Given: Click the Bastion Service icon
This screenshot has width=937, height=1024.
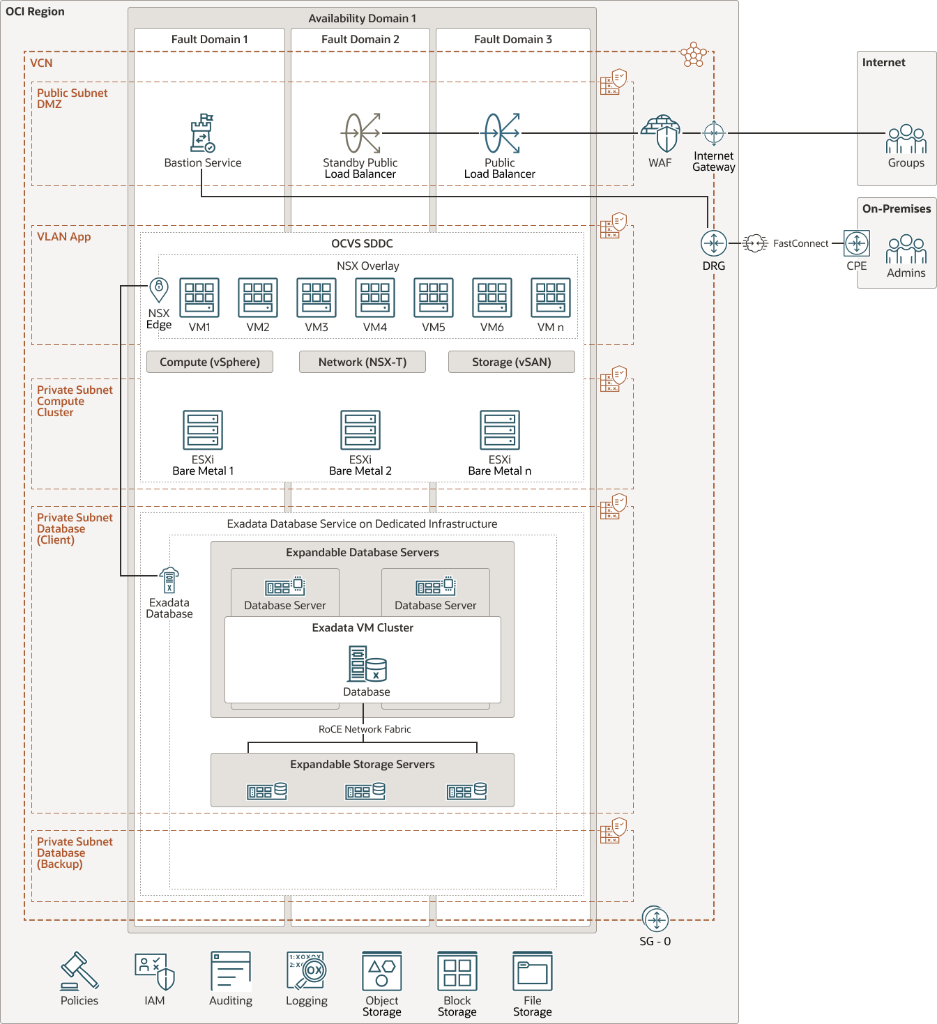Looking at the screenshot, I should tap(203, 133).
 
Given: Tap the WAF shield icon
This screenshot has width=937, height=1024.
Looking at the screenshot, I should tap(660, 134).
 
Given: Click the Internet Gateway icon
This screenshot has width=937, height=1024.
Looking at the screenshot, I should tap(714, 132).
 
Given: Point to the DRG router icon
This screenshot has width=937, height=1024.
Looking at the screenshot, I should tap(714, 243).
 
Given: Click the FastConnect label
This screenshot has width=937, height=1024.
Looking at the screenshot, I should tap(800, 243).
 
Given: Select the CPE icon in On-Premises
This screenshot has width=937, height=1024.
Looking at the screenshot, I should tap(857, 243).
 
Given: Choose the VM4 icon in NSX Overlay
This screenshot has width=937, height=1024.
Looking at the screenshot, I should tap(375, 298).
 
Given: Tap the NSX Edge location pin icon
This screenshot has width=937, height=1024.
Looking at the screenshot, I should tap(159, 289).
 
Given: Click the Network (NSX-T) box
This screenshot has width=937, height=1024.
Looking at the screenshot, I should tap(363, 362).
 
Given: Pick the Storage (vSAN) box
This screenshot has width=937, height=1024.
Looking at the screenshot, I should tap(511, 362).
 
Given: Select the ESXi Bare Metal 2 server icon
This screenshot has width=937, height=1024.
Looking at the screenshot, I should tap(360, 430).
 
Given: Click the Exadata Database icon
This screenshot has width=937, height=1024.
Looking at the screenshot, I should tap(169, 580).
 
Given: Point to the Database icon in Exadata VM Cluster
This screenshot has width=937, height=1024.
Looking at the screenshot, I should tap(367, 664).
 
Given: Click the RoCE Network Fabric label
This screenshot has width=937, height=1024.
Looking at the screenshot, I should tap(365, 729).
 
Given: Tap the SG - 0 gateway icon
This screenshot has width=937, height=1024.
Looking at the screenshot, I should tap(655, 920).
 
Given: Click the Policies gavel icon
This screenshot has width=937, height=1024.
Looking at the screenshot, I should tap(79, 971).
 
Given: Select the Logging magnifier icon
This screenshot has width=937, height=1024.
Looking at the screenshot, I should tap(307, 971).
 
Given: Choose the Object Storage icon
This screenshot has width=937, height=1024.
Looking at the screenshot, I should tap(382, 971).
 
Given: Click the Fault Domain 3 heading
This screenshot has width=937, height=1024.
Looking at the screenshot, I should tap(512, 39).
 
